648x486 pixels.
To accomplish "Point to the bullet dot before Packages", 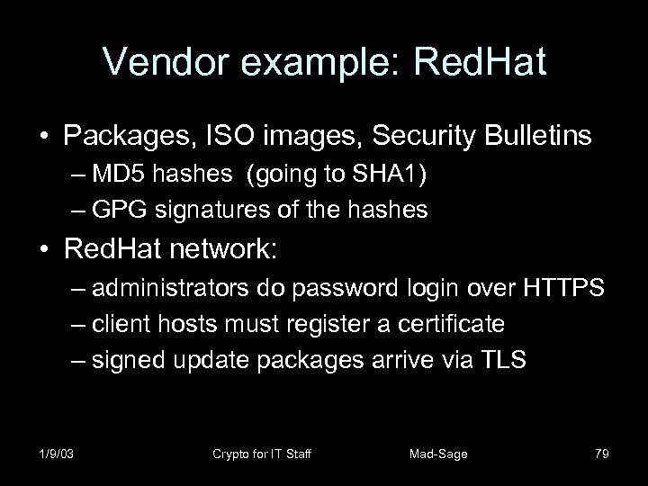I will coord(44,136).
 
